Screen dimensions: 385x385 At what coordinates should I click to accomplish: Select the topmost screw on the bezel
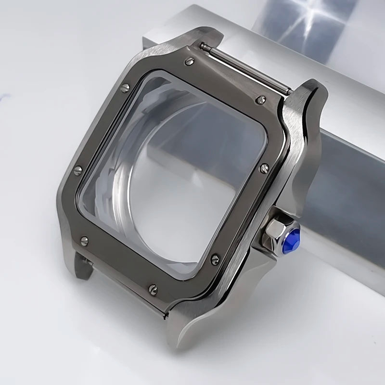(x=190, y=61)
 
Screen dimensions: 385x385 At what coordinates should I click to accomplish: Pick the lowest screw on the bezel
(x=153, y=289)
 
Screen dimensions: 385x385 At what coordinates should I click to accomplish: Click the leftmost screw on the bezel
(x=77, y=170)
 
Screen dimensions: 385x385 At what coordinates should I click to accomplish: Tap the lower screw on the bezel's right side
(x=215, y=259)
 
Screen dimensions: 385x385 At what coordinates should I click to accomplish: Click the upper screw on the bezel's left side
(x=125, y=88)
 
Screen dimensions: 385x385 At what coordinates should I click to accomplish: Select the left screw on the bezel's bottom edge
(x=84, y=240)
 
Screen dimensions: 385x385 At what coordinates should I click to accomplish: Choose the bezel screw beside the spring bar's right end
(x=260, y=100)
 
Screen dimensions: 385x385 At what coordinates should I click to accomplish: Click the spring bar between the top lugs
(x=245, y=67)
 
